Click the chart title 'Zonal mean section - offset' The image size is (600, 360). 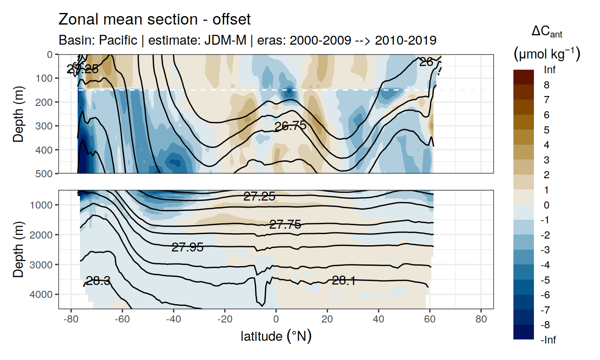154,20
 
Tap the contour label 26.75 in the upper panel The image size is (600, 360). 290,126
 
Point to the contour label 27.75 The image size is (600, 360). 285,225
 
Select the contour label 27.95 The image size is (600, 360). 187,247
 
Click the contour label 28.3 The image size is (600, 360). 98,281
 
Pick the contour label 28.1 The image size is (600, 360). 344,280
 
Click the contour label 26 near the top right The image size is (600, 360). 426,62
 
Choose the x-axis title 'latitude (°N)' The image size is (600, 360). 276,336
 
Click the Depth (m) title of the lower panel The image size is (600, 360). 18,249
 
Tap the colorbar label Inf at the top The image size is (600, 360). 550,70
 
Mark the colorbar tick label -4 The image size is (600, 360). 546,265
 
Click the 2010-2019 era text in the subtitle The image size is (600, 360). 405,40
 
